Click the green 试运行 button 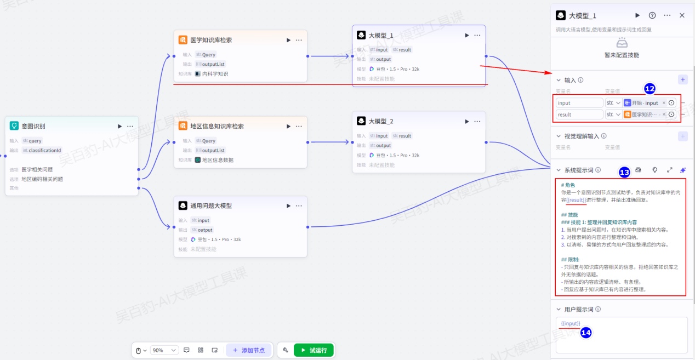tap(314, 350)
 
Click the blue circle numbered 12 tap(650, 89)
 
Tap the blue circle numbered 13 tap(624, 172)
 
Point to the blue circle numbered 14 tap(586, 333)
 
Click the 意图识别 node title tap(33, 126)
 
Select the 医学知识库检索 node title tap(210, 40)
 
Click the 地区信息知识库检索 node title tap(217, 126)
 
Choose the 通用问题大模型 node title tap(210, 206)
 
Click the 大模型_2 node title tap(381, 121)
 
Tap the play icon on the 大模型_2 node tap(467, 121)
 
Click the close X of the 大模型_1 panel tap(682, 15)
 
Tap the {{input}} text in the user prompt tap(571, 323)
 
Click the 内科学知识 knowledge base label tap(215, 74)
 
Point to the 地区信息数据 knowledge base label tap(218, 160)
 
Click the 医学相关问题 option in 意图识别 tap(37, 170)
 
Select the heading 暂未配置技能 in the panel tap(622, 55)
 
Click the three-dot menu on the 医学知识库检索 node tap(299, 40)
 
